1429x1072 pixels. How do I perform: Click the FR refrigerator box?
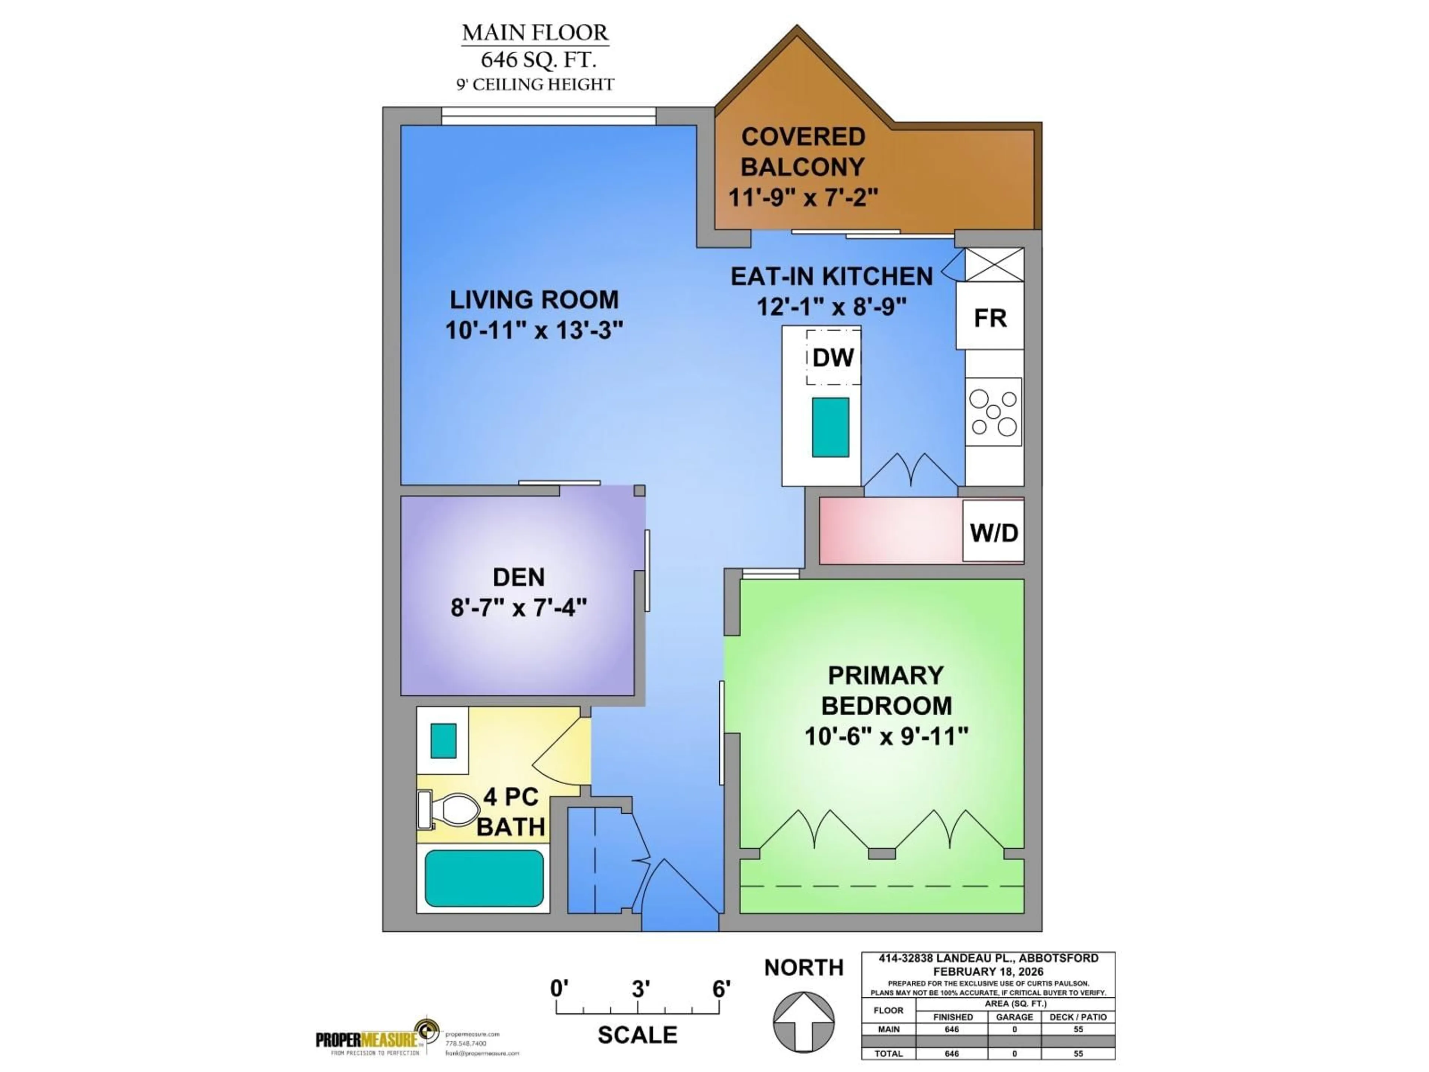[990, 317]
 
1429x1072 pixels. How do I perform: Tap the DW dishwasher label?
[833, 357]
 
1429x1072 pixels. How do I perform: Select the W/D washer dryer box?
[993, 532]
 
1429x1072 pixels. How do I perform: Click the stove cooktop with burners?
[994, 412]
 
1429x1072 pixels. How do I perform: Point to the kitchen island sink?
[830, 427]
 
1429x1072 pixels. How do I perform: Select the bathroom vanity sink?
[443, 740]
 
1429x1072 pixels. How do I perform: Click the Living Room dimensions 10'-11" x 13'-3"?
[534, 330]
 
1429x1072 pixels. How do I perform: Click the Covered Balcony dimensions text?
[803, 197]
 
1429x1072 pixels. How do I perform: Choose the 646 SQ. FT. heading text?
[537, 60]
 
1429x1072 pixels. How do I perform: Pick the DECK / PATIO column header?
[1078, 1017]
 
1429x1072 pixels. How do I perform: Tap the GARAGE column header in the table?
[1014, 1017]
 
